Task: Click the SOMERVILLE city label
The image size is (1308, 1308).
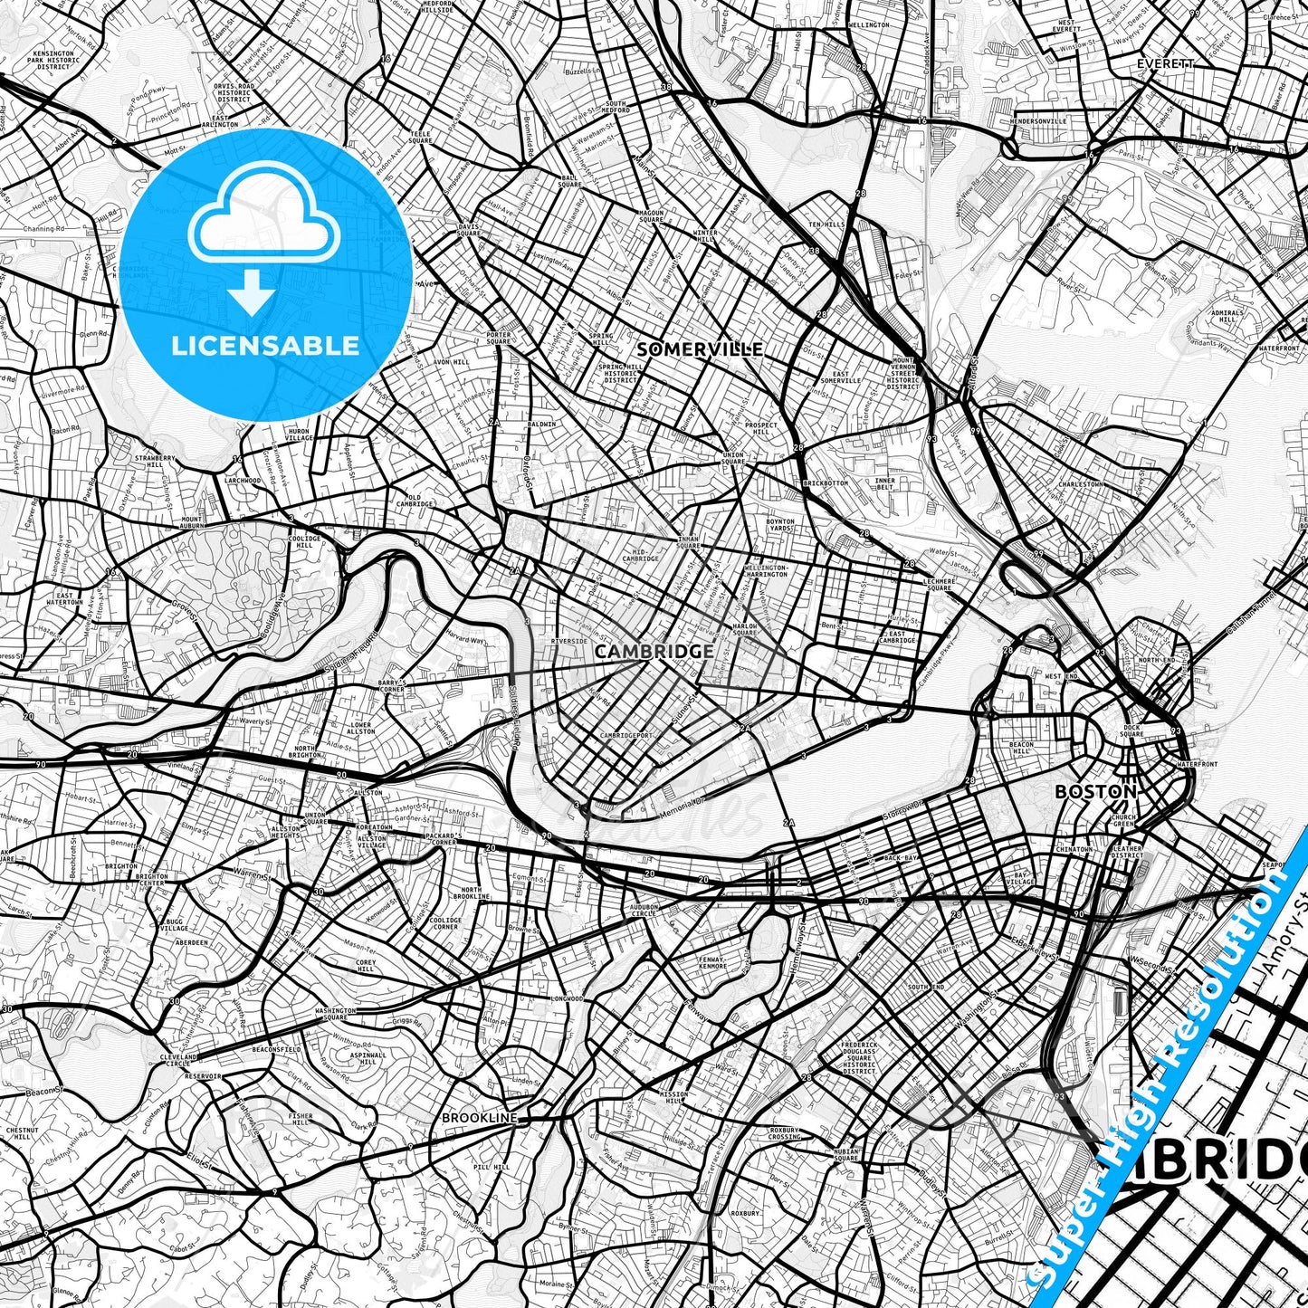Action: tap(700, 349)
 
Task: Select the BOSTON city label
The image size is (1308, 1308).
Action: tap(1095, 791)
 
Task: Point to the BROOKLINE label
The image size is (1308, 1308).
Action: tap(479, 1118)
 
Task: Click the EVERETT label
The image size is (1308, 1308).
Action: tap(1166, 64)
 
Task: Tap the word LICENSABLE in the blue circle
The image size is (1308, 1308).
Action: tap(265, 346)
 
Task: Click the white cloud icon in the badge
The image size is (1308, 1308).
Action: tap(264, 221)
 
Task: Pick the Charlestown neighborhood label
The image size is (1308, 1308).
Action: tap(1081, 484)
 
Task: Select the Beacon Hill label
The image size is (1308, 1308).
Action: tap(1021, 748)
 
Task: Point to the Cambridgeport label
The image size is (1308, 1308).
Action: tap(625, 735)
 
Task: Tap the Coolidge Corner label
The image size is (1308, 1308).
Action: tap(445, 923)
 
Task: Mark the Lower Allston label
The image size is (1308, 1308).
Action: tap(361, 729)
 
